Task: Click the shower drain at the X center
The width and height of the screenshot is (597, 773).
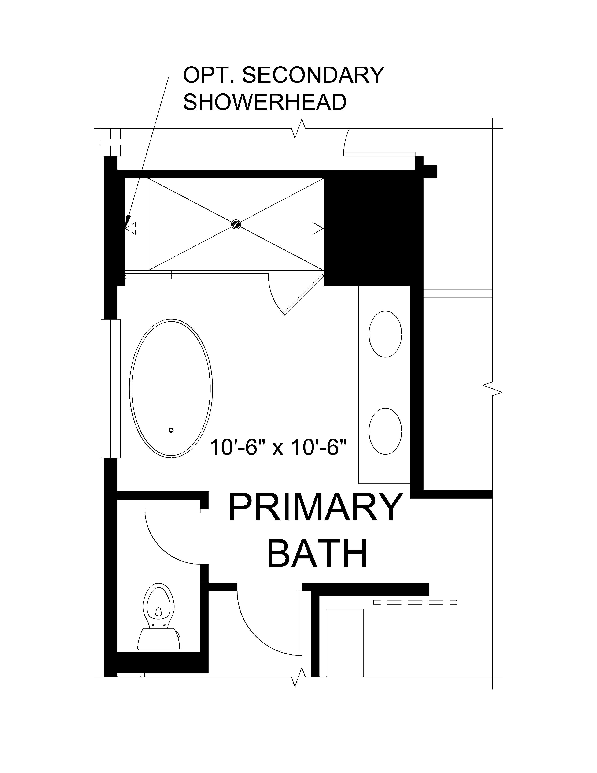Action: click(x=236, y=224)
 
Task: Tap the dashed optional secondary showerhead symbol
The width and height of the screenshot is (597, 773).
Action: click(x=131, y=228)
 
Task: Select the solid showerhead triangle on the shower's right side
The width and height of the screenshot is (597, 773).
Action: click(x=317, y=228)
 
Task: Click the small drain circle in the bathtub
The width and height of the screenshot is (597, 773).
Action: click(x=171, y=430)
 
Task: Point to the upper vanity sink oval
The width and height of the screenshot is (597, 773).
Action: click(x=385, y=334)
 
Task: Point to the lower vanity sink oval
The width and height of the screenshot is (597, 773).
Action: click(x=385, y=431)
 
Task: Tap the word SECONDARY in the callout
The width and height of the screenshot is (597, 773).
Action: click(x=313, y=75)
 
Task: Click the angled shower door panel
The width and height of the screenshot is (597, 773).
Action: click(x=303, y=294)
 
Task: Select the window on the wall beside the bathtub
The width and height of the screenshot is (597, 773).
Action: click(x=110, y=388)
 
